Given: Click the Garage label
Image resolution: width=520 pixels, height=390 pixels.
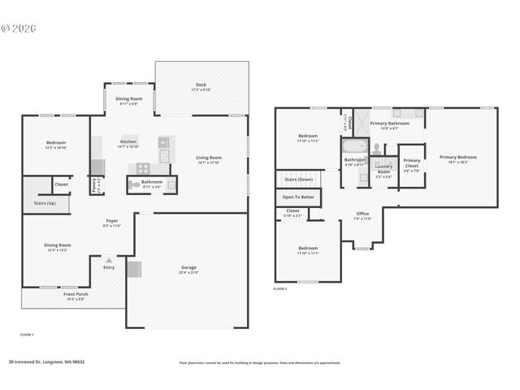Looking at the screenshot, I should (189, 267).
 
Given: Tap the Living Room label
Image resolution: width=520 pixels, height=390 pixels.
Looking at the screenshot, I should (209, 158).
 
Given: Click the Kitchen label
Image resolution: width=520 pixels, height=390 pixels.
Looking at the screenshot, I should (128, 141).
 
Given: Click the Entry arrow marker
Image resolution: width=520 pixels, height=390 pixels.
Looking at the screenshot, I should (109, 258).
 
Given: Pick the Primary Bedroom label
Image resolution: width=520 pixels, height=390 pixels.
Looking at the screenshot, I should (458, 158).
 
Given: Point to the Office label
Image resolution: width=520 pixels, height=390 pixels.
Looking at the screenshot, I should (362, 214).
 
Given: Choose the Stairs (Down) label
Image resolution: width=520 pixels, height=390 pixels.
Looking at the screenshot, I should (298, 179).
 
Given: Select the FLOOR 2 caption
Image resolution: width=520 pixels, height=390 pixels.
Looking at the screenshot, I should (279, 288).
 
